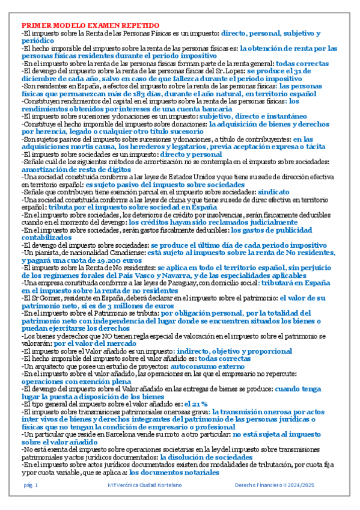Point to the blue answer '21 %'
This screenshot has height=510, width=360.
[199, 403]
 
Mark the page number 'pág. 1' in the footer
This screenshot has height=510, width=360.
[31, 485]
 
